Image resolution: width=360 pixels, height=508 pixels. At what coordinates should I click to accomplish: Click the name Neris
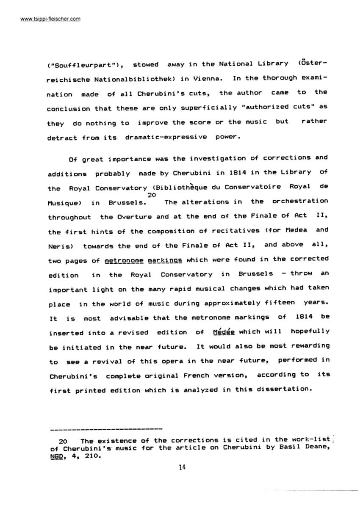click(60, 246)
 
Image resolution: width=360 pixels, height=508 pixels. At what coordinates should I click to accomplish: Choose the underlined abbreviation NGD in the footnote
click(55, 457)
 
